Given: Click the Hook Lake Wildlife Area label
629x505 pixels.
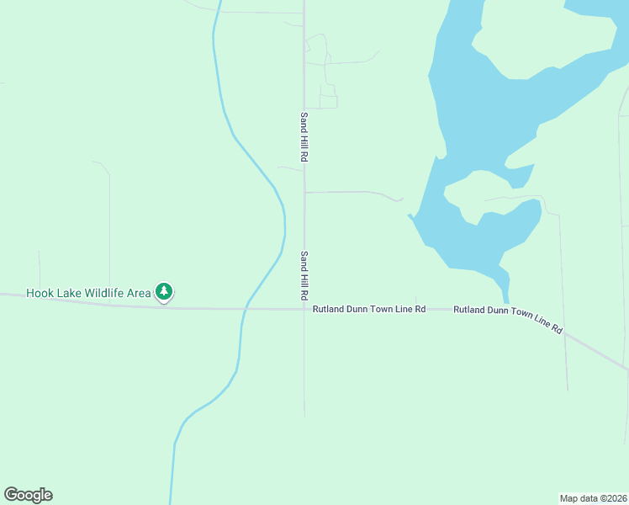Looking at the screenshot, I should tap(88, 293).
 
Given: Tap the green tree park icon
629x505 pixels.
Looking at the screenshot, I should tap(164, 292).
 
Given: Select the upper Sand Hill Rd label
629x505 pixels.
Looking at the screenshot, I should tap(304, 138).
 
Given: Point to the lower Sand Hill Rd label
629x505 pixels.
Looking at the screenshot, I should tap(304, 277).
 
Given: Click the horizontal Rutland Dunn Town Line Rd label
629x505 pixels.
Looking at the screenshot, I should tap(369, 310).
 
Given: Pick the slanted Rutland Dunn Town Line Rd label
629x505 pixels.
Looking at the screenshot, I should tap(508, 319).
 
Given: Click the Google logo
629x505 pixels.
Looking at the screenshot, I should tap(28, 495).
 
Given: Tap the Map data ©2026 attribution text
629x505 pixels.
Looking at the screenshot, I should tap(594, 498).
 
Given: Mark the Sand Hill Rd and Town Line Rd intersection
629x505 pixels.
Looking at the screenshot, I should tap(304, 309).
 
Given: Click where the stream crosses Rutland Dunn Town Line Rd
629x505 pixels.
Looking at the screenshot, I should tap(243, 309).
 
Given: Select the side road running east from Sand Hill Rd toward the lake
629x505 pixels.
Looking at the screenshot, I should tap(349, 192).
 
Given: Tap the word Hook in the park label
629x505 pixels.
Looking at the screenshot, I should tap(39, 293).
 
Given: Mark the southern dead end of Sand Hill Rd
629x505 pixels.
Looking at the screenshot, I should tap(304, 416).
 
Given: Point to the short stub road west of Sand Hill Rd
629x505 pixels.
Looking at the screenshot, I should tap(290, 168).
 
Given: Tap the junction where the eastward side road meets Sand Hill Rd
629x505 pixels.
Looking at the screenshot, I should tap(304, 192).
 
